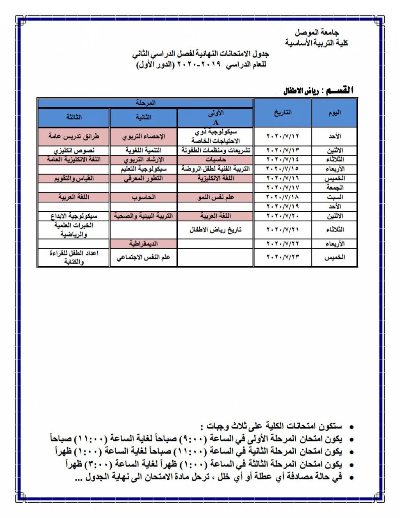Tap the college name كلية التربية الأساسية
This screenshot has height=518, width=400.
coord(316,43)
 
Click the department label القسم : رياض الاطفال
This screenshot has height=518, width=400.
coord(318,91)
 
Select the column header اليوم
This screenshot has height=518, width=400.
coord(334,113)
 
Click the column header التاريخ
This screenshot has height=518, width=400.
coord(282,113)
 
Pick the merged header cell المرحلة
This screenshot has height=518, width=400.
coord(145,103)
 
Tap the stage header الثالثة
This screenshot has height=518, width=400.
coord(73,117)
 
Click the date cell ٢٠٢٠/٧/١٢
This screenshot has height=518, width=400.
coord(282,136)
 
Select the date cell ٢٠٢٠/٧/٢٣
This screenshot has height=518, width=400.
coord(282,257)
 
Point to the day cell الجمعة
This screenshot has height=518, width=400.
coord(334,188)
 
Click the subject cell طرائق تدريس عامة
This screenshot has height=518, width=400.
coord(73,136)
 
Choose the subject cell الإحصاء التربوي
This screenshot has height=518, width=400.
coord(143,136)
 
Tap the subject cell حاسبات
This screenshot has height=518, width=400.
coord(215,160)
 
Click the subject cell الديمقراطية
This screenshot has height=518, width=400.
coord(143,244)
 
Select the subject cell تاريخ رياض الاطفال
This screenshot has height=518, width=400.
coord(215,229)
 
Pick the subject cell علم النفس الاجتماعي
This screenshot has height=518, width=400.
coord(143,257)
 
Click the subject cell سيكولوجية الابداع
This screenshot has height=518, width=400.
coord(73,216)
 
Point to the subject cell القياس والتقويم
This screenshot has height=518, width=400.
coord(73,178)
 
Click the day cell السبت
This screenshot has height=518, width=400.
coord(334,197)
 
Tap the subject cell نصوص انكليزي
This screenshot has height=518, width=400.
coord(73,151)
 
